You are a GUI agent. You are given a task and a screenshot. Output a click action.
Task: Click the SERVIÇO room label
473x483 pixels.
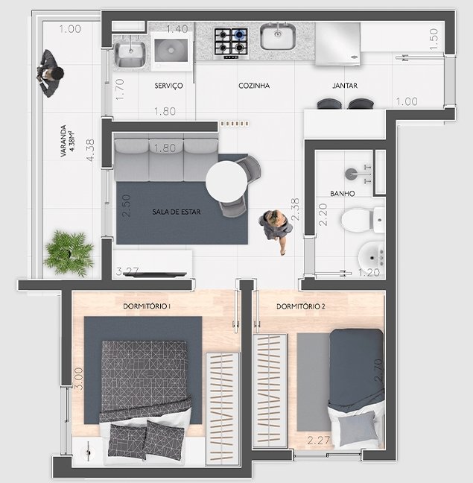[168, 86]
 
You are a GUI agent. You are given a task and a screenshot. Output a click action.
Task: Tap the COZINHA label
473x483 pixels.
[254, 86]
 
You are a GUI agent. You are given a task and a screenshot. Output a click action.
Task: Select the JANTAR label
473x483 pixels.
[345, 86]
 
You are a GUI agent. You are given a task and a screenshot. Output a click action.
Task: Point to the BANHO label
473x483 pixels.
[342, 194]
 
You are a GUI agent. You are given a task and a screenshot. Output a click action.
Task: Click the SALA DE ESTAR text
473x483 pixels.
[177, 212]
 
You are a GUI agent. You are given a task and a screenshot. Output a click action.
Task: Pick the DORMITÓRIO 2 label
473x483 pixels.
[301, 306]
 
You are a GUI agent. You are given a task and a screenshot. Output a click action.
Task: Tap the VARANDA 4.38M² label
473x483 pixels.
[67, 141]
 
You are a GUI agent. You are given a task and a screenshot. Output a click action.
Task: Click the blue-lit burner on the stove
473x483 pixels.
[240, 34]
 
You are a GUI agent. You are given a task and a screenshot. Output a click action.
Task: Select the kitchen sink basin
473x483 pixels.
[278, 37]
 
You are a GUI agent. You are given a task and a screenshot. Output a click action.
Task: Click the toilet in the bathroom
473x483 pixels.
[363, 220]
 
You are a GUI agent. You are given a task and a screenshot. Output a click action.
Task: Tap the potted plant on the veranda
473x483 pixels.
[69, 253]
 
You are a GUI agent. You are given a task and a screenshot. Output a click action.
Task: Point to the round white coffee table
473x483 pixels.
[226, 182]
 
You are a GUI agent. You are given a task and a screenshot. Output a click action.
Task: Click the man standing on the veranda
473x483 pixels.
[50, 74]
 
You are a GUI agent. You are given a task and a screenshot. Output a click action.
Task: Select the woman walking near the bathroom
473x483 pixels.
[276, 229]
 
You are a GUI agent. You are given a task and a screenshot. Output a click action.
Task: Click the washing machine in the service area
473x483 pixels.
[171, 51]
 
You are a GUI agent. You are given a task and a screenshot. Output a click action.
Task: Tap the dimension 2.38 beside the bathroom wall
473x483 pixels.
[295, 209]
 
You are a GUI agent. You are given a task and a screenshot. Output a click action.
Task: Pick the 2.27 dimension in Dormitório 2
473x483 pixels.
[319, 441]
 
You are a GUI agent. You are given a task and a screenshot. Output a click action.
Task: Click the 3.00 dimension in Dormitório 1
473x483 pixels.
[79, 379]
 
